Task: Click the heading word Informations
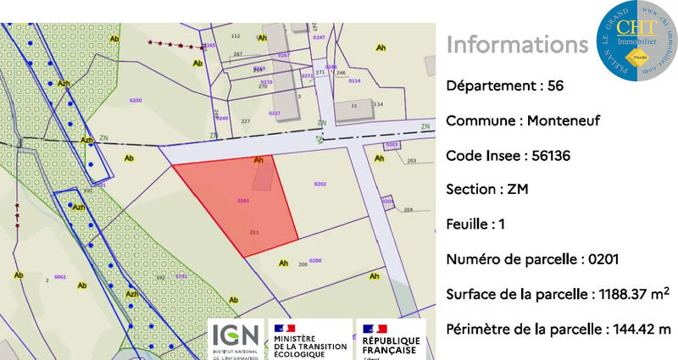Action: [x=517, y=44]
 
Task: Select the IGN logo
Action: [x=236, y=339]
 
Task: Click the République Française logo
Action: [x=391, y=339]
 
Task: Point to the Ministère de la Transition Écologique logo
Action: [x=309, y=339]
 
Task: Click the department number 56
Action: [x=555, y=86]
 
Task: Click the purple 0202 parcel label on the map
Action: [x=320, y=184]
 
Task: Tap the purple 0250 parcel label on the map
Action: [x=135, y=101]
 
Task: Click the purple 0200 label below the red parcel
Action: [x=315, y=261]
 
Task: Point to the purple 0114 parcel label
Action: [x=354, y=80]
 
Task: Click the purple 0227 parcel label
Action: [x=274, y=113]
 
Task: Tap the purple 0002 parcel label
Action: [x=60, y=277]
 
